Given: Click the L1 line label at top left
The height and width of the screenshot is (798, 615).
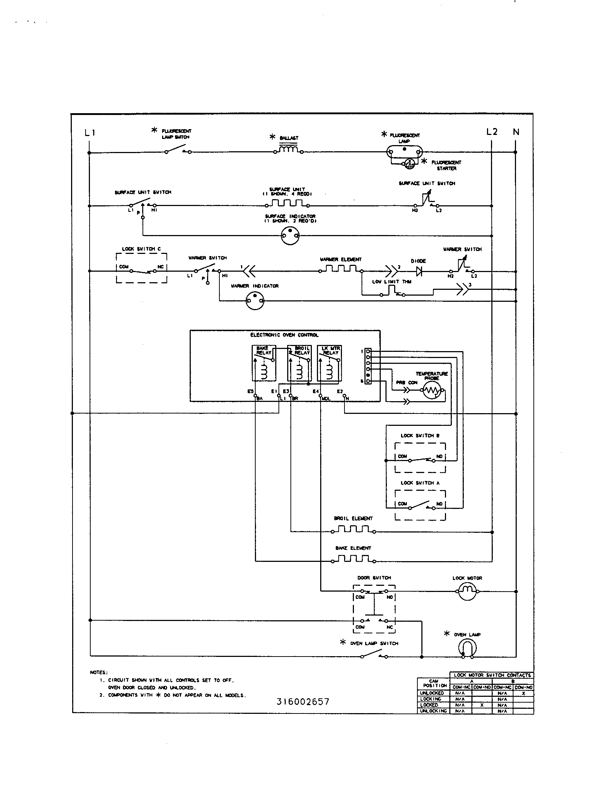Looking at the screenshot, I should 90,133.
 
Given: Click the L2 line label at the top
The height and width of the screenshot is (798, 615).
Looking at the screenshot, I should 492,132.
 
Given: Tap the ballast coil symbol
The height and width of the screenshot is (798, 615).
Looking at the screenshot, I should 289,149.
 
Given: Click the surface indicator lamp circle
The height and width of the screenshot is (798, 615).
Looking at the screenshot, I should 290,236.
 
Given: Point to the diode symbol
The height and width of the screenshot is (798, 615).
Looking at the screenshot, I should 419,271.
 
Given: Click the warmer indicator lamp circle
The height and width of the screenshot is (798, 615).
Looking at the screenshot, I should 255,301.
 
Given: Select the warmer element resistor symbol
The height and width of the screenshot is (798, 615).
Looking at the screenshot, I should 340,270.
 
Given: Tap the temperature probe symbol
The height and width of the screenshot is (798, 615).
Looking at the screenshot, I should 432,391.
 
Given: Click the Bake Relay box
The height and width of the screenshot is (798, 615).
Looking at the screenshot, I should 264,363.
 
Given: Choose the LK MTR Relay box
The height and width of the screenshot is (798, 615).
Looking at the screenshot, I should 329,363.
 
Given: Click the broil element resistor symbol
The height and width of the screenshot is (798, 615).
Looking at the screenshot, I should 353,530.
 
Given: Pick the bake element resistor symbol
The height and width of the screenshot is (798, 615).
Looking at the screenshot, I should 353,559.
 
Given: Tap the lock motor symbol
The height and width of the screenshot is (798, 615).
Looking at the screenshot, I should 467,591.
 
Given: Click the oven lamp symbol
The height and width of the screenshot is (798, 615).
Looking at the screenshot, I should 467,648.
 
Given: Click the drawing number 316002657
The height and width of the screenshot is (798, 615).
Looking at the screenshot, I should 303,702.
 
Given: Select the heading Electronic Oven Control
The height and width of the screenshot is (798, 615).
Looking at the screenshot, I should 284,335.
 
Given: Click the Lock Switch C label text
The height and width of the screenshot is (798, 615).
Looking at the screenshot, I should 141,249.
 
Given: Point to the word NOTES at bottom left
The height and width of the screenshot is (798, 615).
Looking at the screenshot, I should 99,672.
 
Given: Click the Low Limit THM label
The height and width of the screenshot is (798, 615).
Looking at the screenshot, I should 392,281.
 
